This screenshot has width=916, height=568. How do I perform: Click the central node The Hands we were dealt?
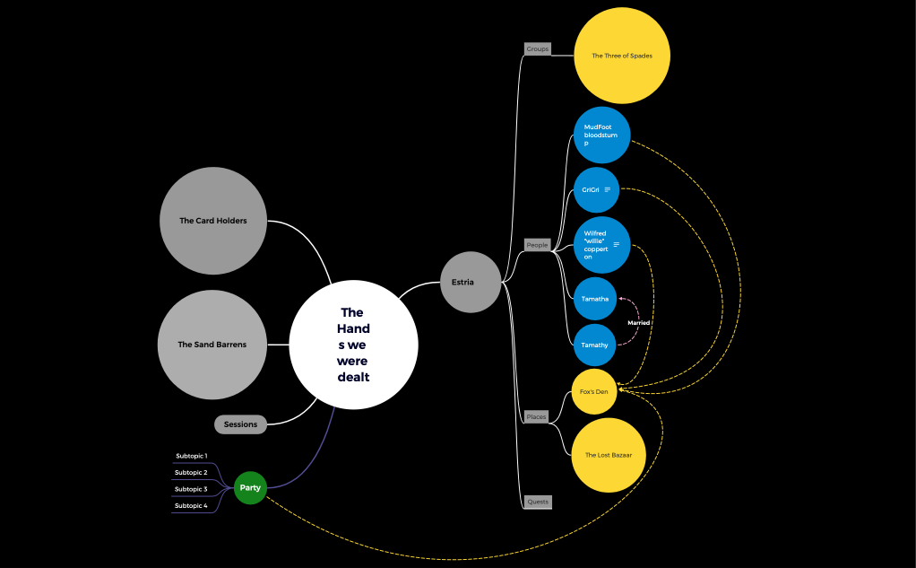(353, 345)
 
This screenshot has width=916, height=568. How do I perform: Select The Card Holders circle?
(213, 221)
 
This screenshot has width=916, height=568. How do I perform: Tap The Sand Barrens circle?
(212, 345)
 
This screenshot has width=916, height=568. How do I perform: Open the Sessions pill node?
(240, 424)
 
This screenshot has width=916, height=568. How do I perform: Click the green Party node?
(250, 488)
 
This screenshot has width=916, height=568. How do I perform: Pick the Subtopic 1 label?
(191, 456)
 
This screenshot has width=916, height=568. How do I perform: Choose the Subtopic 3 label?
(191, 489)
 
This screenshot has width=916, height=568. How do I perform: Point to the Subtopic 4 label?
(191, 505)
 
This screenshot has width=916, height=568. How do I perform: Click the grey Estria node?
(471, 282)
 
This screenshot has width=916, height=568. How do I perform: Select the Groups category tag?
(537, 48)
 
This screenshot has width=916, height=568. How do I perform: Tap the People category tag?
(537, 245)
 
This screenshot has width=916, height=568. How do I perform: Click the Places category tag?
(536, 416)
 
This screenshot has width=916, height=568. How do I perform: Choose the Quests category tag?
(538, 502)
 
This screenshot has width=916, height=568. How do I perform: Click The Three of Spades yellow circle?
(622, 56)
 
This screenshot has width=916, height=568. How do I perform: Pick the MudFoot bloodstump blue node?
(601, 135)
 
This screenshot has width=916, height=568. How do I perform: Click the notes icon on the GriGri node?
(608, 189)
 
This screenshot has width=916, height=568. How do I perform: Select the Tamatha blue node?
(595, 299)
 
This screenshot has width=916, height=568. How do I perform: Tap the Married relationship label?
(639, 323)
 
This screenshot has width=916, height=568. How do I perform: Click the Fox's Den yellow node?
(594, 392)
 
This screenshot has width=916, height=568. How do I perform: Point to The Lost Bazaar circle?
(609, 455)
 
